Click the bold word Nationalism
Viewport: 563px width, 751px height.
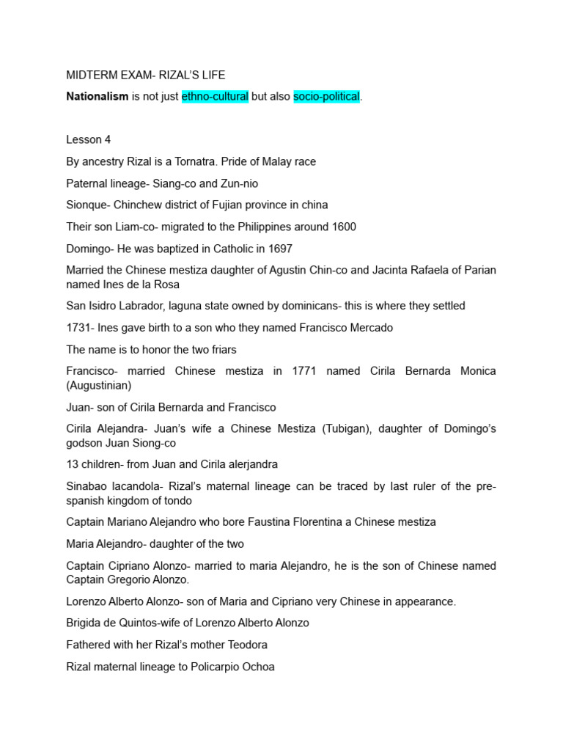[97, 96]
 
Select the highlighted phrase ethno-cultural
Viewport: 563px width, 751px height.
[215, 96]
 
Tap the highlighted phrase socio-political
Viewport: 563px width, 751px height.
[326, 96]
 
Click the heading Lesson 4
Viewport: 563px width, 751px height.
[88, 140]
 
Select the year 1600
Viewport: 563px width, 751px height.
[342, 227]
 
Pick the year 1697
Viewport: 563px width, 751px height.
[278, 249]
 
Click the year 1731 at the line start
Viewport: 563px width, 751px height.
[78, 328]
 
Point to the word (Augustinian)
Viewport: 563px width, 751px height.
[99, 385]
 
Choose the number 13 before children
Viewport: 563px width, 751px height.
[73, 464]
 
